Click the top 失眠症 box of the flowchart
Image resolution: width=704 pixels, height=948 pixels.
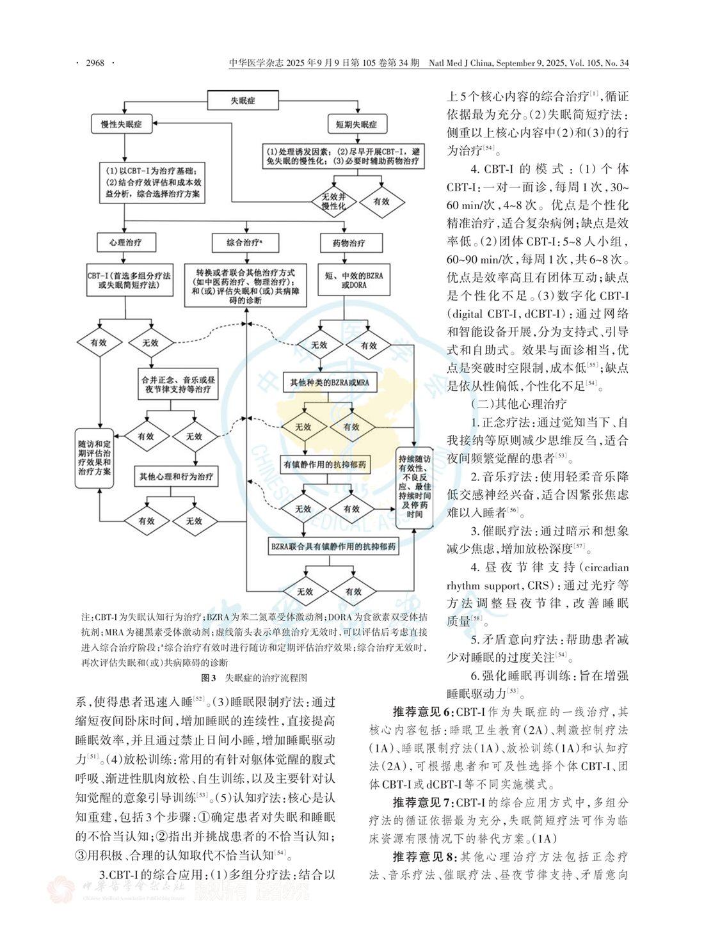pyautogui.click(x=243, y=100)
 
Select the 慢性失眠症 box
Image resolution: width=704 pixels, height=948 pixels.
pyautogui.click(x=122, y=124)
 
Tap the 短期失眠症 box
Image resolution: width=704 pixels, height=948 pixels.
pyautogui.click(x=356, y=124)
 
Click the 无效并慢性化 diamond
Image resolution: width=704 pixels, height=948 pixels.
pyautogui.click(x=333, y=201)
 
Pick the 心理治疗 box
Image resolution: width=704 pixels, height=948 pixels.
pyautogui.click(x=125, y=242)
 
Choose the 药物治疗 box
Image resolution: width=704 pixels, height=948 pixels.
pyautogui.click(x=349, y=243)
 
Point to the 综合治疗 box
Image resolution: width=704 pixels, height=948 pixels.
pyautogui.click(x=244, y=242)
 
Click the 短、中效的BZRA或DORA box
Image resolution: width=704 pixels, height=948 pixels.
pyautogui.click(x=354, y=280)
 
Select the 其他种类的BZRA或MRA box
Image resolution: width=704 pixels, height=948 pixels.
pyautogui.click(x=330, y=383)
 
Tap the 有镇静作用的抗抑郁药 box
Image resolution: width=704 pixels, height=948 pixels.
pyautogui.click(x=325, y=464)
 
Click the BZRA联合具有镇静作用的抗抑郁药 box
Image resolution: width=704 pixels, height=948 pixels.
pyautogui.click(x=333, y=546)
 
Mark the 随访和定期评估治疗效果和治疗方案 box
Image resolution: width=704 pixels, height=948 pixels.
pyautogui.click(x=95, y=457)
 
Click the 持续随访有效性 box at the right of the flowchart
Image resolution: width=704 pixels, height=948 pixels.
pyautogui.click(x=414, y=487)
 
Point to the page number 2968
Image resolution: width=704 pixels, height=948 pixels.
pyautogui.click(x=95, y=63)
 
